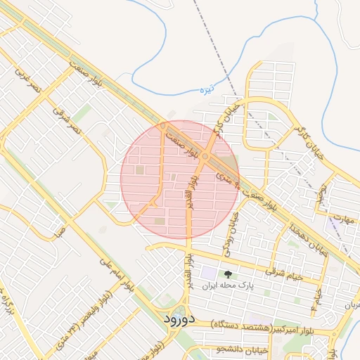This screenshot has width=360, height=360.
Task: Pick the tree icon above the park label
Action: [227, 274]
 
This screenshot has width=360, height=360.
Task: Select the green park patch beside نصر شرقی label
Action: [82, 112]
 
